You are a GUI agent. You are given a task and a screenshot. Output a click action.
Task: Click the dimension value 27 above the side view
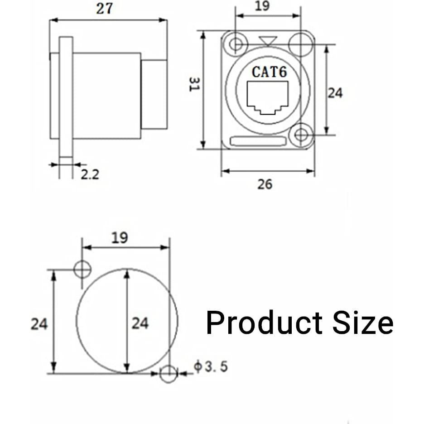(x=104, y=9)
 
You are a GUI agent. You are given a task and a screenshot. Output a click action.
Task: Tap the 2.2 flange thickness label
(x=90, y=174)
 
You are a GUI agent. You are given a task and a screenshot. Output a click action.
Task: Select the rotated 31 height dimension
(x=194, y=84)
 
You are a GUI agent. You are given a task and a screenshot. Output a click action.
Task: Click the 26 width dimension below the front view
(x=265, y=184)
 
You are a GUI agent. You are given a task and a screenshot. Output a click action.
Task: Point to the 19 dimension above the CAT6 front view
(x=262, y=6)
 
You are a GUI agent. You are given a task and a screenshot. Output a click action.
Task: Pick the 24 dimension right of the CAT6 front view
(x=335, y=93)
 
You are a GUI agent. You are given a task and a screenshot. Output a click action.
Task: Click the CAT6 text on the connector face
(x=270, y=72)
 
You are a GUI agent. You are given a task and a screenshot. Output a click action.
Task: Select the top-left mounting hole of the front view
(x=236, y=44)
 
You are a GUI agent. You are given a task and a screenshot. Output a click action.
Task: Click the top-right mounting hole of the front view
(x=301, y=44)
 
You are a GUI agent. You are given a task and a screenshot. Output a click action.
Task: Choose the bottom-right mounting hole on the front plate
(x=301, y=135)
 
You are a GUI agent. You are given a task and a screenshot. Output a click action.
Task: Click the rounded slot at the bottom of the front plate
(x=258, y=141)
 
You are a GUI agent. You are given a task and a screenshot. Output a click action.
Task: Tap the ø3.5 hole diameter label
(x=211, y=366)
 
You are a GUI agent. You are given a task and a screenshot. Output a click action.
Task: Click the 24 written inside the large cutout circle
(x=140, y=323)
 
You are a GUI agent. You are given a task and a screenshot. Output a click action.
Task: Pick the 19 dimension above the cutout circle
(x=120, y=238)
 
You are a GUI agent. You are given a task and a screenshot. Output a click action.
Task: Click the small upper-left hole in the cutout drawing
(x=82, y=270)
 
